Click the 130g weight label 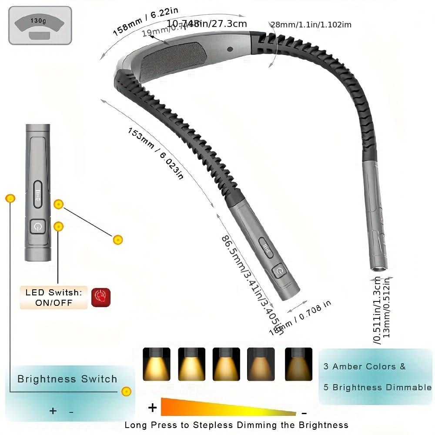(x=40, y=20)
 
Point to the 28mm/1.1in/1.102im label (x=311, y=25)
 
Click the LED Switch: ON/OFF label (x=54, y=298)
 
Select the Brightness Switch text (x=67, y=379)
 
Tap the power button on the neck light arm (x=279, y=272)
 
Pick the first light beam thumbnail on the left (x=156, y=364)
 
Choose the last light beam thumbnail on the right (x=298, y=364)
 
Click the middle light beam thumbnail (x=226, y=364)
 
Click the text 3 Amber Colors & (x=365, y=366)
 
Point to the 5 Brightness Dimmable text (x=378, y=387)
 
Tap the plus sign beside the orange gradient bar (x=152, y=408)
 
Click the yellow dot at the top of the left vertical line (x=10, y=199)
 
